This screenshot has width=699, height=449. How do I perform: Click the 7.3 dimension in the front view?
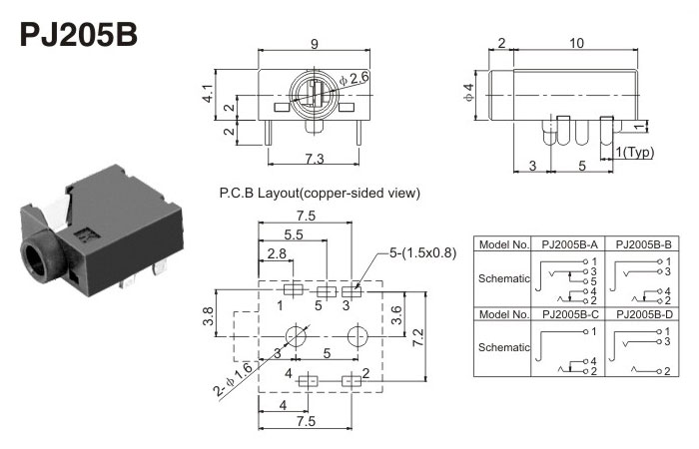(314, 159)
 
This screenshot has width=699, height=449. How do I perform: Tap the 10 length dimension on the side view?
(576, 43)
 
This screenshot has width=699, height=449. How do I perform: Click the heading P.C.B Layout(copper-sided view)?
(319, 193)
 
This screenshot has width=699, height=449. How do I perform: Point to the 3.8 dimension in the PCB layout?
(208, 317)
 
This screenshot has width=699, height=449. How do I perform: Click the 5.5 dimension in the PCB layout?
(294, 234)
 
